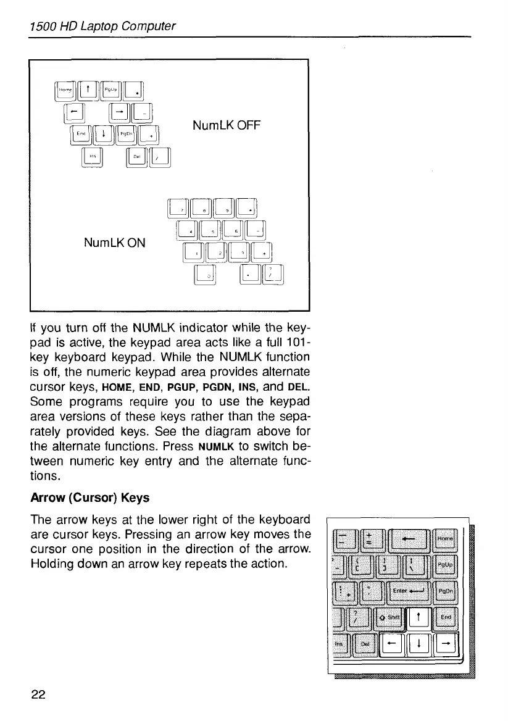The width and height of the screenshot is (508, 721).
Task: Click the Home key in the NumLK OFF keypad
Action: point(65,91)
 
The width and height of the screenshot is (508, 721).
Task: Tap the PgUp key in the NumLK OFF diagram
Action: point(110,91)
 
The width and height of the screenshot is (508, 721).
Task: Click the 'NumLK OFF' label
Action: point(227,126)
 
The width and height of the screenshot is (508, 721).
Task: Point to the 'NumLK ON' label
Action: point(114,243)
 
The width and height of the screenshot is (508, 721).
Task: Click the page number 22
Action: point(38,694)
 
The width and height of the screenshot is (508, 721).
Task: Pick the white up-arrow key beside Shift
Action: point(419,616)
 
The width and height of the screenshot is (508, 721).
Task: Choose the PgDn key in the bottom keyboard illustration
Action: point(446,591)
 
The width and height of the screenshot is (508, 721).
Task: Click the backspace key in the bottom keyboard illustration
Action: point(408,538)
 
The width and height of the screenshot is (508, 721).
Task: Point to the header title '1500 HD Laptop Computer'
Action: point(102,26)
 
